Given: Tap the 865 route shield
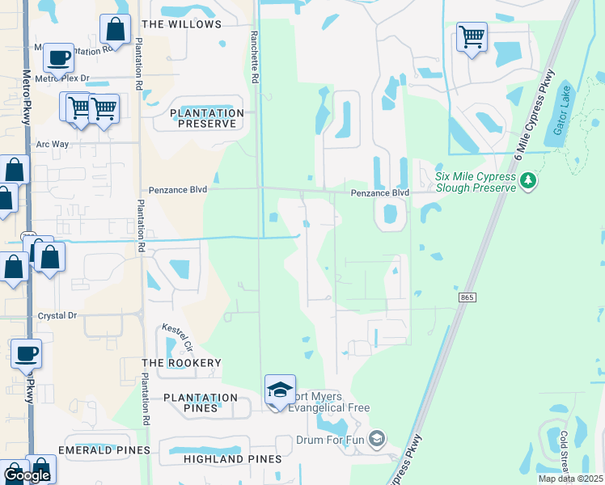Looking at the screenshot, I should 467,297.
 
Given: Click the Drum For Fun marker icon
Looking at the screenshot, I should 375,439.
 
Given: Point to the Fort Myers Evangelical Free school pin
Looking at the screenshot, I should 280,390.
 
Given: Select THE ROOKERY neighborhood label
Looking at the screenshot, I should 181,363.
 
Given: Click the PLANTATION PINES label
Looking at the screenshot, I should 201,403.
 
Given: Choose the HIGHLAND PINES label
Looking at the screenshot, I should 233,458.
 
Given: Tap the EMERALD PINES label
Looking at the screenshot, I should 104,449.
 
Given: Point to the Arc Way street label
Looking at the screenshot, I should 53,144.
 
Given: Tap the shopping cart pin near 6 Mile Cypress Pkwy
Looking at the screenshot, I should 472,36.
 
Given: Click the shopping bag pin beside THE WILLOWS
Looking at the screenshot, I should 116,29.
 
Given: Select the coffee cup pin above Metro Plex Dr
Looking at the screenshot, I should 58,57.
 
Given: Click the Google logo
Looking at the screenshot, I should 27,475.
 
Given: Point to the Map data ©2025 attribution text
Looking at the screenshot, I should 570,479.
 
